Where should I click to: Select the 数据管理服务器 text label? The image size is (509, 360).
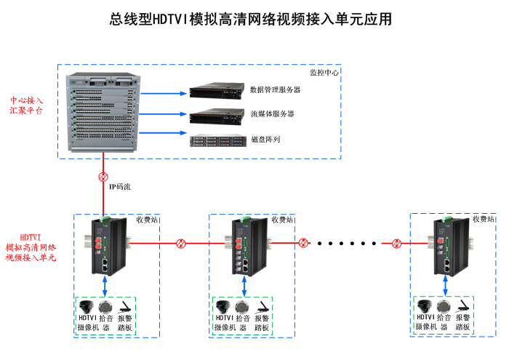pyautogui.click(x=275, y=90)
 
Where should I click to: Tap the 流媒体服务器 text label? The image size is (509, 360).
pyautogui.click(x=272, y=114)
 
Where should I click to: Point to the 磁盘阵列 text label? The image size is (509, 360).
pyautogui.click(x=265, y=139)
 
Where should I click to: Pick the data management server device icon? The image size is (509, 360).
pyautogui.click(x=215, y=92)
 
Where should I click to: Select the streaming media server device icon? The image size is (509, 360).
pyautogui.click(x=215, y=116)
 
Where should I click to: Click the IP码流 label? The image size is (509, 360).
pyautogui.click(x=120, y=187)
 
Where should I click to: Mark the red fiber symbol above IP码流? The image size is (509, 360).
pyautogui.click(x=103, y=177)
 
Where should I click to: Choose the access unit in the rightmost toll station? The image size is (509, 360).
pyautogui.click(x=444, y=244)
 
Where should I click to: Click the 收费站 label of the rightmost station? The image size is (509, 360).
pyautogui.click(x=483, y=219)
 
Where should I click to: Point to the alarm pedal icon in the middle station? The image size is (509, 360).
pyautogui.click(x=262, y=306)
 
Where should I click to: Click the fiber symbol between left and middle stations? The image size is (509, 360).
pyautogui.click(x=182, y=243)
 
